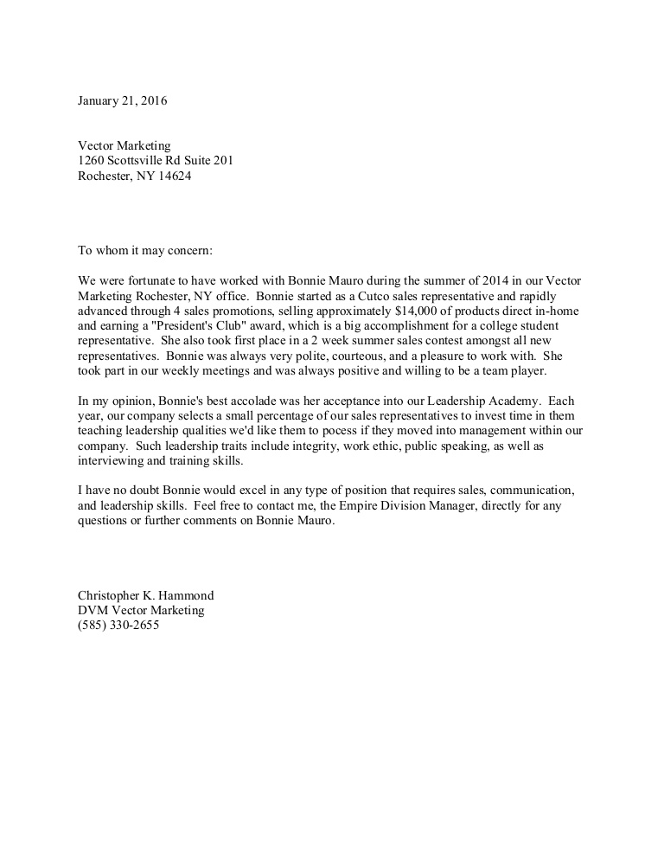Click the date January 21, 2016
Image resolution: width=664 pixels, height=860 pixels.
click(x=122, y=100)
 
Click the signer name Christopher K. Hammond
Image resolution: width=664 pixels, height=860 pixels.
click(x=146, y=596)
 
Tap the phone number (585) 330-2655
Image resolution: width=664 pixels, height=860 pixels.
click(x=118, y=626)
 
